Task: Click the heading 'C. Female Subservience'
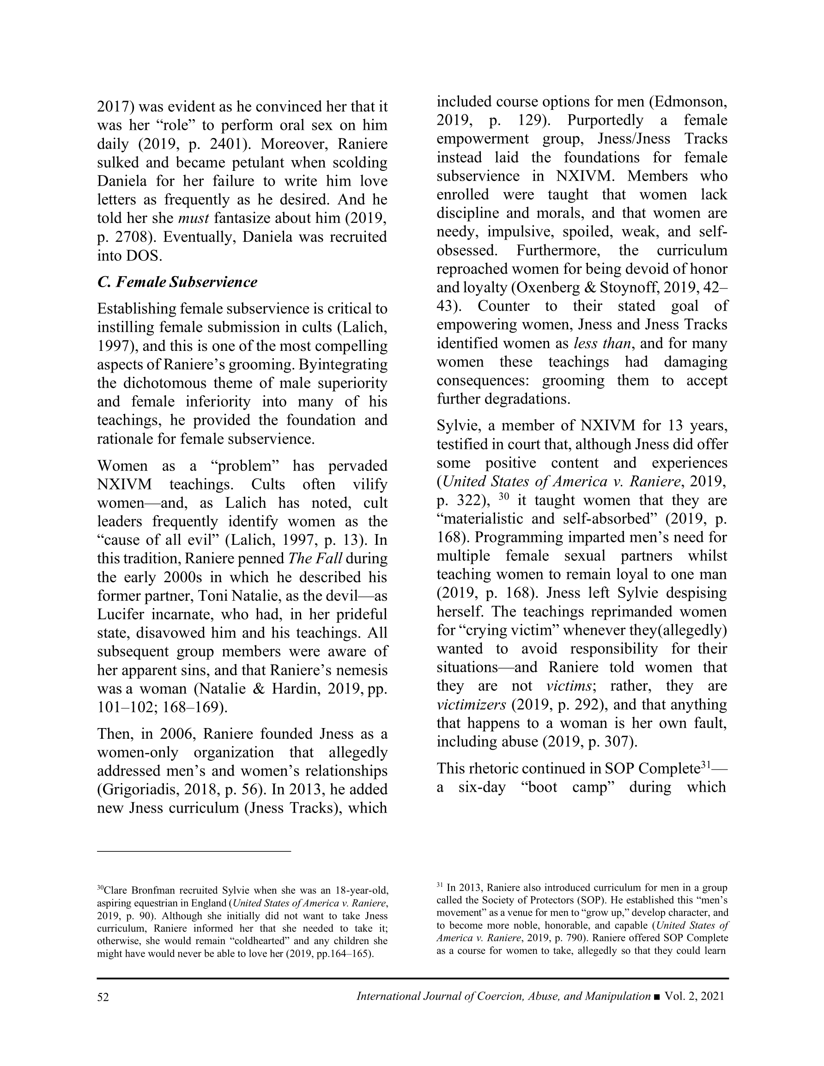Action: tap(177, 282)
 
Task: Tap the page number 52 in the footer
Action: tap(103, 997)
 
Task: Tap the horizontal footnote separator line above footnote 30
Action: tap(194, 851)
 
